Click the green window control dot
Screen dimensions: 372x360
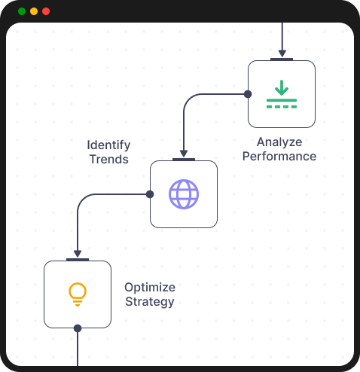pyautogui.click(x=21, y=11)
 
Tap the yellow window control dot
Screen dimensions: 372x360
pyautogui.click(x=34, y=11)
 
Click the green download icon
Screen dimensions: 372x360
pyautogui.click(x=282, y=95)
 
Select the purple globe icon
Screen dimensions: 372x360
pyautogui.click(x=184, y=194)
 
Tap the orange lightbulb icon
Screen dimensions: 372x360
pyautogui.click(x=77, y=294)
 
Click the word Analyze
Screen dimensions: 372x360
pyautogui.click(x=279, y=142)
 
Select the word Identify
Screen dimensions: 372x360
pyautogui.click(x=108, y=145)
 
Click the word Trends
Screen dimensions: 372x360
pyautogui.click(x=109, y=159)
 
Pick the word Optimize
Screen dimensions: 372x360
pyautogui.click(x=149, y=288)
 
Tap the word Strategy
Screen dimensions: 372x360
pyautogui.click(x=149, y=302)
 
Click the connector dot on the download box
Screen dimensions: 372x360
pyautogui.click(x=248, y=94)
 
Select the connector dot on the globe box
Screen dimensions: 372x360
pyautogui.click(x=150, y=194)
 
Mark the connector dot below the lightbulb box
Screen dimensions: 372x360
pyautogui.click(x=78, y=328)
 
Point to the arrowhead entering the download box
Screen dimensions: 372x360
pyautogui.click(x=282, y=54)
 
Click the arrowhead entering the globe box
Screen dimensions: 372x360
pyautogui.click(x=184, y=154)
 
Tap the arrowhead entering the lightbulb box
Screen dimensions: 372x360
pyautogui.click(x=78, y=255)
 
